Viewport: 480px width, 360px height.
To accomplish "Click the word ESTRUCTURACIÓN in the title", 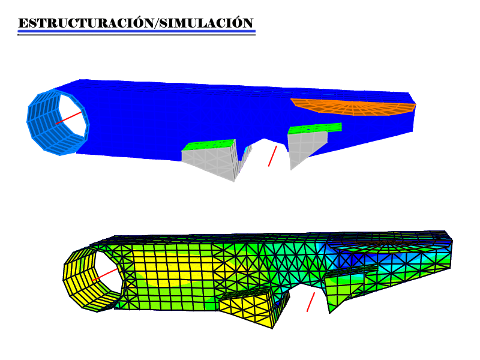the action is tap(86, 23).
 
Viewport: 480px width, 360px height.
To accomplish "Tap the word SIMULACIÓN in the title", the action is tap(206, 23).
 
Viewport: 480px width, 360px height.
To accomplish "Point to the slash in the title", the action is tap(157, 23).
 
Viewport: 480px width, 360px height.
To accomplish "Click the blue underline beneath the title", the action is tap(137, 31).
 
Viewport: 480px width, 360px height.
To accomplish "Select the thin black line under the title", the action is tap(137, 35).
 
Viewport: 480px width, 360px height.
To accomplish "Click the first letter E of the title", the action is tap(23, 23).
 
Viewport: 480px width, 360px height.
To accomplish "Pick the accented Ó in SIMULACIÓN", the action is tap(237, 23).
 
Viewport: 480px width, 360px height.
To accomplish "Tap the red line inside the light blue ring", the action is tap(68, 118).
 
